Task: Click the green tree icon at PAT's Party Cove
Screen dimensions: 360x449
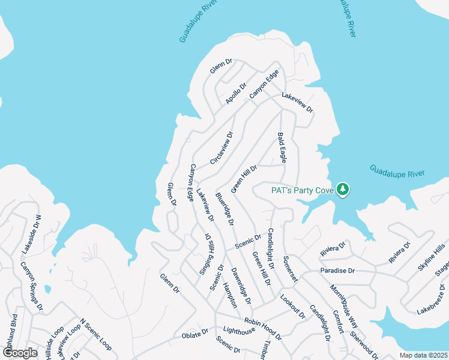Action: coord(343,190)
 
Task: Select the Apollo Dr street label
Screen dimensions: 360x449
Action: coord(236,94)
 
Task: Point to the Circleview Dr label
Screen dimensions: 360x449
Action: coord(221,147)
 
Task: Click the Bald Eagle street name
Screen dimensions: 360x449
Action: coord(281,148)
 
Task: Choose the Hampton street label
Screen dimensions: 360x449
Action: coord(230,295)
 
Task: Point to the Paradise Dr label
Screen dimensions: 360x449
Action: coord(337,271)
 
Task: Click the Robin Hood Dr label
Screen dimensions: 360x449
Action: coord(262,326)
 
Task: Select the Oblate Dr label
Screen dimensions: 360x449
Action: coord(196,332)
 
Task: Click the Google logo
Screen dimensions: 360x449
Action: coord(20,353)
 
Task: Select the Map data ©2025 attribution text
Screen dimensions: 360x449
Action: coord(424,355)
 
